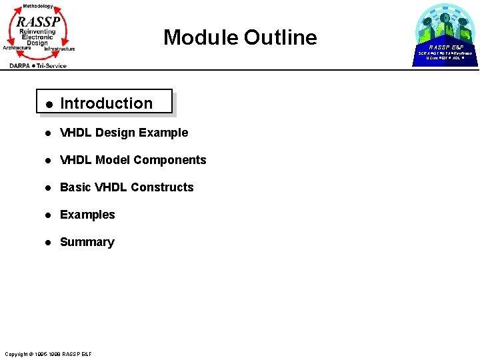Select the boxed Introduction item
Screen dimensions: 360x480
pyautogui.click(x=106, y=103)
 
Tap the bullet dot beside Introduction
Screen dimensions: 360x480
pyautogui.click(x=48, y=104)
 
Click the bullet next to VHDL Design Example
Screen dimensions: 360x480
pyautogui.click(x=48, y=133)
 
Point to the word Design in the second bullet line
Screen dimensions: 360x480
pyautogui.click(x=115, y=133)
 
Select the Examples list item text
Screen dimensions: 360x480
pyautogui.click(x=87, y=215)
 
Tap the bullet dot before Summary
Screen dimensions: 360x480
pyautogui.click(x=48, y=243)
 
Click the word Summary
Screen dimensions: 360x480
pyautogui.click(x=87, y=242)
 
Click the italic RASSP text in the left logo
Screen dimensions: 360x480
pyautogui.click(x=39, y=22)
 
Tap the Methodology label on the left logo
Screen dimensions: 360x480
pyautogui.click(x=37, y=6)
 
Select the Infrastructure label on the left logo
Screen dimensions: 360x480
pyautogui.click(x=59, y=49)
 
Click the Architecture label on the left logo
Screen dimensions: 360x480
pyautogui.click(x=17, y=47)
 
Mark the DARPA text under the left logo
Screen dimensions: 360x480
pyautogui.click(x=21, y=65)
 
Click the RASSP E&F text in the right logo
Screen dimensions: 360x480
pyautogui.click(x=445, y=47)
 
